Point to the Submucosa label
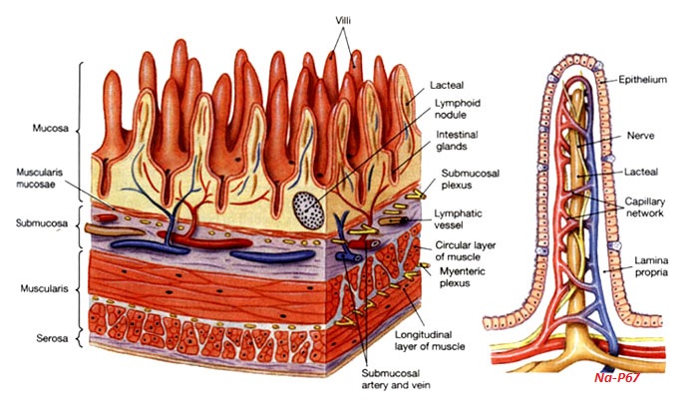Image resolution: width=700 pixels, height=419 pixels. (38, 224)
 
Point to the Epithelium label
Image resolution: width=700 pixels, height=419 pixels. (642, 78)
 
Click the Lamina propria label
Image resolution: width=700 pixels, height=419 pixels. (652, 266)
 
